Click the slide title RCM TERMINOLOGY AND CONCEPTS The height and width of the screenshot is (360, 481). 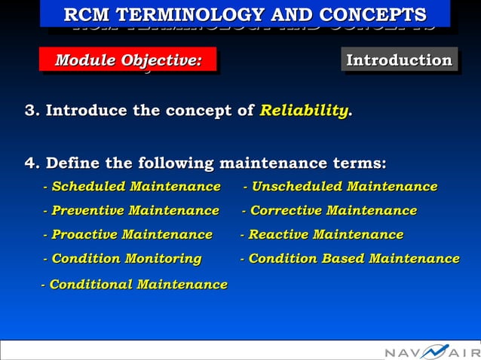click(x=245, y=14)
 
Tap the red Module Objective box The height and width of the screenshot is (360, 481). click(x=128, y=60)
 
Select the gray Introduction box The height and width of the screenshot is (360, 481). click(x=399, y=60)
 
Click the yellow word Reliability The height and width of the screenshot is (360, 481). click(x=304, y=111)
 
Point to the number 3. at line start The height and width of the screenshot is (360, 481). click(x=32, y=111)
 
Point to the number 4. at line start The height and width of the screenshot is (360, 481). click(x=32, y=163)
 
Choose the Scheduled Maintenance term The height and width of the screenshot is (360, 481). click(x=132, y=186)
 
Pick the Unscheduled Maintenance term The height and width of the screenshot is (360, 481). click(x=340, y=186)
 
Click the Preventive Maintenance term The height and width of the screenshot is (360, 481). click(x=131, y=210)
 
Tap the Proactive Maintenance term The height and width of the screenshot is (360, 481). click(x=128, y=234)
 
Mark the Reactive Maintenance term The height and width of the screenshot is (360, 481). click(x=322, y=234)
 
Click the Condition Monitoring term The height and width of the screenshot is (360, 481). click(x=122, y=258)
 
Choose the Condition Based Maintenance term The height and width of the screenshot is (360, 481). click(x=350, y=258)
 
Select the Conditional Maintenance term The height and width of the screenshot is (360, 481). click(x=134, y=284)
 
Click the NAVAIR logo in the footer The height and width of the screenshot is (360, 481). click(x=431, y=352)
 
